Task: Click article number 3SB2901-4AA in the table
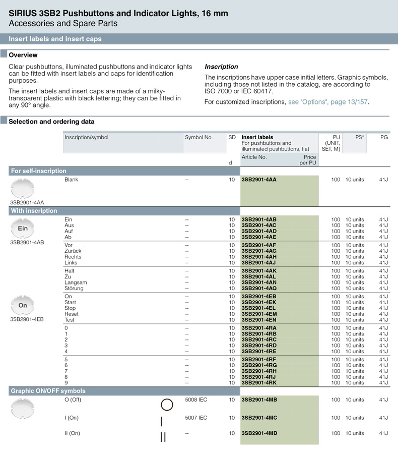tap(259, 180)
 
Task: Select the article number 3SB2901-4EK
tap(259, 302)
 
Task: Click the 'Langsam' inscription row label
tap(76, 282)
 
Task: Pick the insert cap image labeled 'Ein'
tap(23, 229)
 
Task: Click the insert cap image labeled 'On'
tap(23, 305)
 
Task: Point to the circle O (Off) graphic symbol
tap(167, 405)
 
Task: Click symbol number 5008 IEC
tap(196, 400)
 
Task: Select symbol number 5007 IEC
tap(196, 418)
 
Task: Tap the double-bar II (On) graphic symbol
tap(163, 437)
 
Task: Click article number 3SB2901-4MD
tap(259, 433)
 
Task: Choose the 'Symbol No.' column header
tap(198, 137)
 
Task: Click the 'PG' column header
tap(384, 137)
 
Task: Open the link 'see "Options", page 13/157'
tap(328, 102)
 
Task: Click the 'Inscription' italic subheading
tap(221, 67)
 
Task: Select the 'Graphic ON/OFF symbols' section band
tap(48, 391)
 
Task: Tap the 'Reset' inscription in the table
tap(72, 314)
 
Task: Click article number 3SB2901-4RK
tap(259, 383)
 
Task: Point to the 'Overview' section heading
tap(23, 55)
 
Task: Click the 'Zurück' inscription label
tap(73, 251)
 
